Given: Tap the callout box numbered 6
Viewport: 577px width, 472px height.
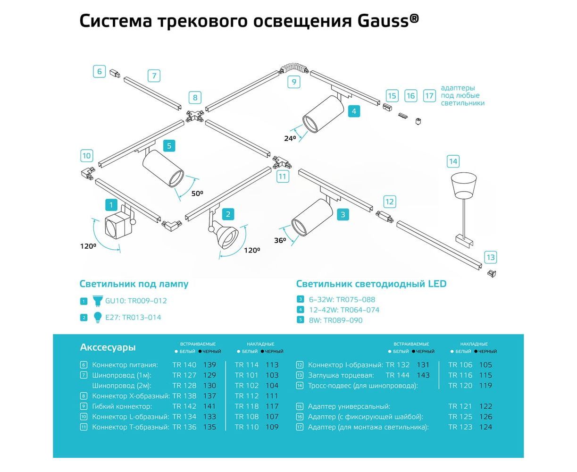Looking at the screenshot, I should tap(100, 72).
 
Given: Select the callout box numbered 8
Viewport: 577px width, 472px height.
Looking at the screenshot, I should tap(195, 98).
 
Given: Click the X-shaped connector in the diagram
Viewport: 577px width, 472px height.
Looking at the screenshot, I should tap(194, 115).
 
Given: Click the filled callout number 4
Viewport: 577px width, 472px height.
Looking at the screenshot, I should tap(353, 111).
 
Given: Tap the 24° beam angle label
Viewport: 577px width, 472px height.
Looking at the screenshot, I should tap(290, 138).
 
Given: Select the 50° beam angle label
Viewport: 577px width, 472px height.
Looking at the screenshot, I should tap(197, 193).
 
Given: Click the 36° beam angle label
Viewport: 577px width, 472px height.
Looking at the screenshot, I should tap(280, 240).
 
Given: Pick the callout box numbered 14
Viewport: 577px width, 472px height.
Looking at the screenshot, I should tap(453, 161).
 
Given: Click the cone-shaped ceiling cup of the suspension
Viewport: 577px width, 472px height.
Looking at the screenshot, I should tap(465, 184).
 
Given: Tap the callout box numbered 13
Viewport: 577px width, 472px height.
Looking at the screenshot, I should tap(491, 257).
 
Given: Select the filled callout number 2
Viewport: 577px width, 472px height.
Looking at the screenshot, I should tap(227, 214).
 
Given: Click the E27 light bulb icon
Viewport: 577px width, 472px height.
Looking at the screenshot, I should tap(98, 317).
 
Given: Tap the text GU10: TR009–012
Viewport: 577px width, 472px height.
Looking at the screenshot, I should tap(136, 301).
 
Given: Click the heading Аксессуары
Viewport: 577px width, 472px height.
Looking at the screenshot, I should tap(108, 347).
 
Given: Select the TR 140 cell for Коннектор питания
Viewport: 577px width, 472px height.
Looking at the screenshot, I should tap(184, 365).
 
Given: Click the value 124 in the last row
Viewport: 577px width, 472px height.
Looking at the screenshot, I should tap(485, 427).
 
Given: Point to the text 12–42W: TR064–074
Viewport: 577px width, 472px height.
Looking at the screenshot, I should tap(344, 310).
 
